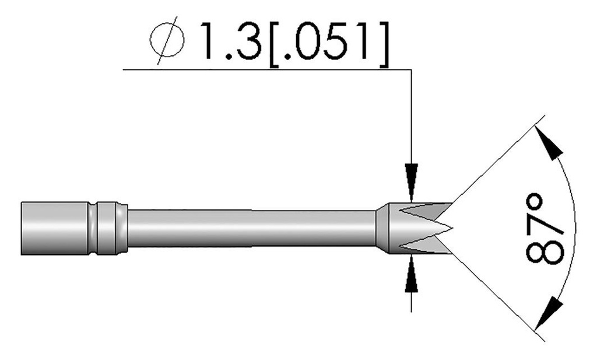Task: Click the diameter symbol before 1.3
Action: pos(167,43)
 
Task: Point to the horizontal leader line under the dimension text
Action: pos(262,70)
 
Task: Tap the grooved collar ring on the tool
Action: pos(108,228)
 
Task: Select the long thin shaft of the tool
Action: pos(251,228)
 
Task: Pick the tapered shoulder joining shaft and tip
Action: pos(381,228)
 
